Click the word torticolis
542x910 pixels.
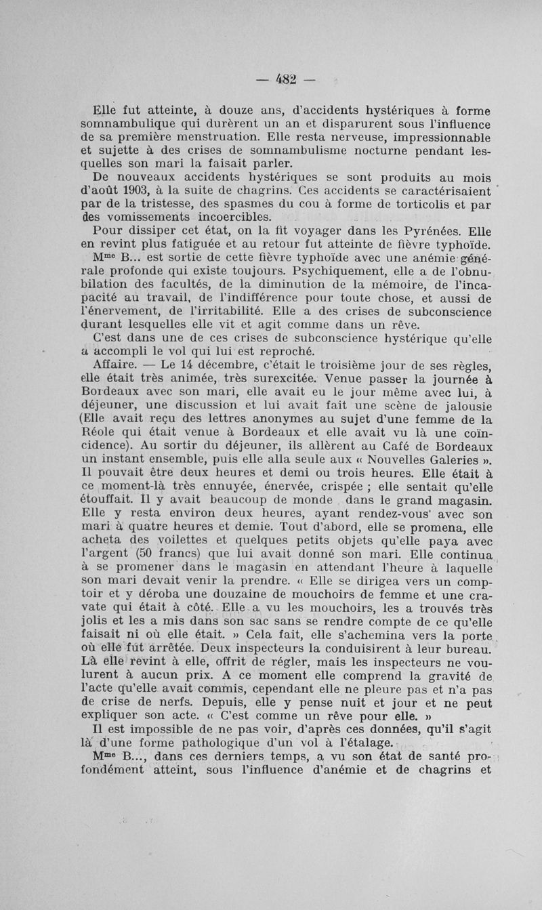[401, 205]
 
